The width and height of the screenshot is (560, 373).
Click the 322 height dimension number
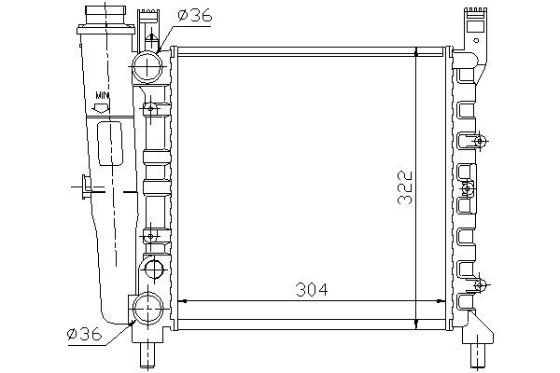(x=405, y=187)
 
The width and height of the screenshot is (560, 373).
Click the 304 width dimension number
(x=312, y=289)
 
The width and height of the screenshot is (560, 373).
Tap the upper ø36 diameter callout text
(x=195, y=16)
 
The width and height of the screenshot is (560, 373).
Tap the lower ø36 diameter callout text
(x=85, y=334)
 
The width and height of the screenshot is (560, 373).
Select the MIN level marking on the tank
(x=102, y=96)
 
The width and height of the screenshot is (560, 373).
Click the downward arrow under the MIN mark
(x=101, y=108)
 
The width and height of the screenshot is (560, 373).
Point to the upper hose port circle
(x=147, y=67)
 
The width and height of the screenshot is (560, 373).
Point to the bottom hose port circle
(x=147, y=308)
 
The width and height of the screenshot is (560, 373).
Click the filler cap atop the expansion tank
(x=105, y=15)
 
